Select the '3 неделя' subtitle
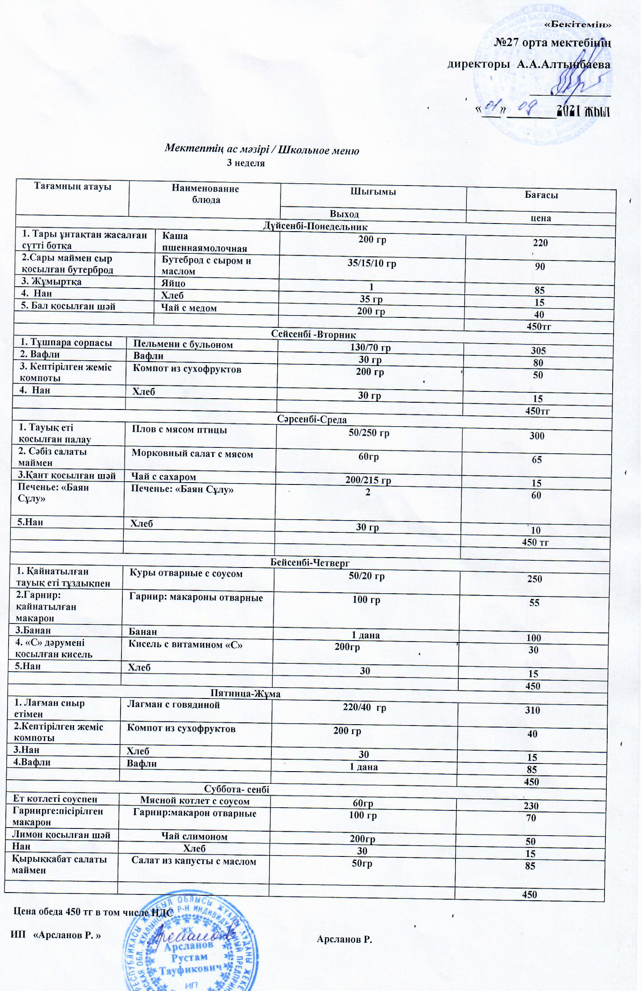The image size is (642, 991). coord(246,163)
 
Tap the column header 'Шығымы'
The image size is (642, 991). coord(373,191)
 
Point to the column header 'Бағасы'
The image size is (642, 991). coord(541,195)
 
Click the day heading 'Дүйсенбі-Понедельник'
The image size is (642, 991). coord(315,227)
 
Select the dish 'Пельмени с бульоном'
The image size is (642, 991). coord(183,345)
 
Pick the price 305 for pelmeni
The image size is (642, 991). coord(538,351)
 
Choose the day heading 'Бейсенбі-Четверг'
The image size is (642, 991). coord(310,563)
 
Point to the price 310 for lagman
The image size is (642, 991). coord(532,710)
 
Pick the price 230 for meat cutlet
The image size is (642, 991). coord(531,806)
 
